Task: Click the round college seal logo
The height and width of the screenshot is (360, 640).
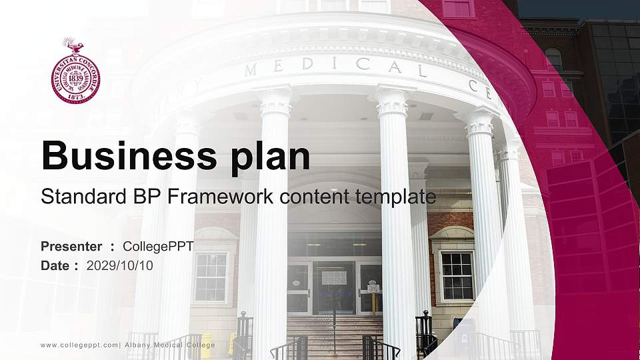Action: point(74,75)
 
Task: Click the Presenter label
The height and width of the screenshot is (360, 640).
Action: point(71,247)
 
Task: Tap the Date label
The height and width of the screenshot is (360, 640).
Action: point(55,265)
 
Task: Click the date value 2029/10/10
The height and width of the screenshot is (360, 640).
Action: point(120,265)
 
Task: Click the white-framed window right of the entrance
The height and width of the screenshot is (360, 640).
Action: point(457,275)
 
